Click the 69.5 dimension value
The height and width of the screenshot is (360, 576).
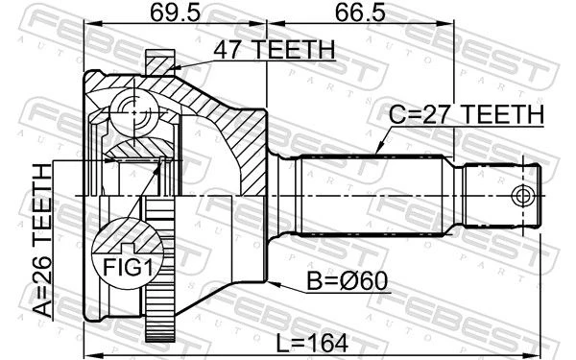[x=176, y=13]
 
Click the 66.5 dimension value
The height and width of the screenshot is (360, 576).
[x=360, y=13]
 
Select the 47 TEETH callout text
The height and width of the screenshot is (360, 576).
[x=275, y=50]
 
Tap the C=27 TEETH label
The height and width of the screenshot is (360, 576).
[x=467, y=114]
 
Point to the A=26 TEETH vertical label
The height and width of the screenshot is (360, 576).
[x=42, y=241]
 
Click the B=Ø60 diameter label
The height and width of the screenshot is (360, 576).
[x=348, y=281]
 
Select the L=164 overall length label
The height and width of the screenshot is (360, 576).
[x=311, y=344]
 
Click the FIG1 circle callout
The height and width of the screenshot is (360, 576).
[x=127, y=253]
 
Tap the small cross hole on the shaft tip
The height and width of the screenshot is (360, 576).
[x=522, y=196]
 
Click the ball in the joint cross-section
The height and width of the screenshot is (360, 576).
[x=134, y=112]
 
